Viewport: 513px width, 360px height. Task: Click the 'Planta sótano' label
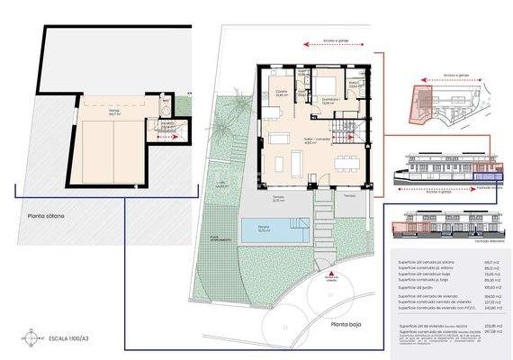(x=45, y=216)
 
